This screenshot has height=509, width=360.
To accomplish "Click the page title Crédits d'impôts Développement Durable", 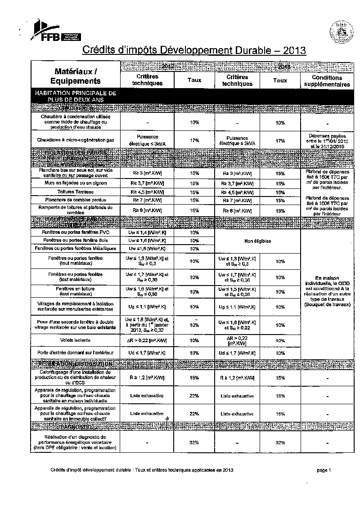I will (194, 49).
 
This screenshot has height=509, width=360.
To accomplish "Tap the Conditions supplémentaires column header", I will (327, 81).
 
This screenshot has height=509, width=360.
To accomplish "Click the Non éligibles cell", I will (257, 241).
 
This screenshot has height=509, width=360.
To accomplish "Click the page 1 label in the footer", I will (324, 470).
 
